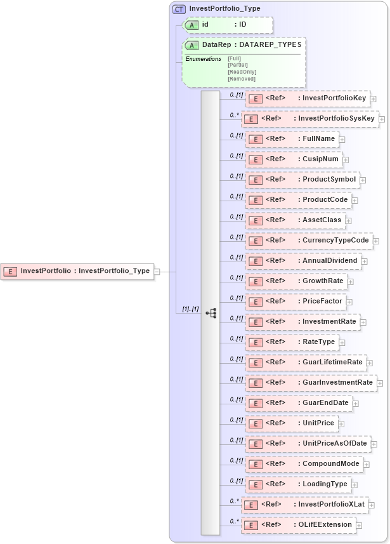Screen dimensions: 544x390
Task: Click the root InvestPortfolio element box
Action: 77,271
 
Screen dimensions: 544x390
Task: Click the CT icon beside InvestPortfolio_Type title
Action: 179,9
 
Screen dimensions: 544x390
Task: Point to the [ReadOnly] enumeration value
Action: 242,72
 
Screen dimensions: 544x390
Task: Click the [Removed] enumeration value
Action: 241,79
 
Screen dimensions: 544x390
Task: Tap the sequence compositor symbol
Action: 211,312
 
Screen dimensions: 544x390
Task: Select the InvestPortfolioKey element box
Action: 308,98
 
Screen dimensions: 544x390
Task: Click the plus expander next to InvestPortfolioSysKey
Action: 382,119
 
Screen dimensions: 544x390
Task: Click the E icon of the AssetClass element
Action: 254,221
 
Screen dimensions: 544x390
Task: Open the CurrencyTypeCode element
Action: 308,241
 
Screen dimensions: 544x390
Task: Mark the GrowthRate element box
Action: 296,281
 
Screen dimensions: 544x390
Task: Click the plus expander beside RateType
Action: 341,343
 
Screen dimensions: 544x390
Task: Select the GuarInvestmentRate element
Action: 310,383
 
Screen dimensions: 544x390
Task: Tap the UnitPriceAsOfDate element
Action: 308,444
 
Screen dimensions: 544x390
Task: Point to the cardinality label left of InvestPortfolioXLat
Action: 234,501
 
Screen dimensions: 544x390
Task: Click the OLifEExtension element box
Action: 298,525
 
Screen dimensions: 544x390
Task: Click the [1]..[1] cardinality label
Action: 190,309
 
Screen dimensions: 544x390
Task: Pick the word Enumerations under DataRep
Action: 203,58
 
